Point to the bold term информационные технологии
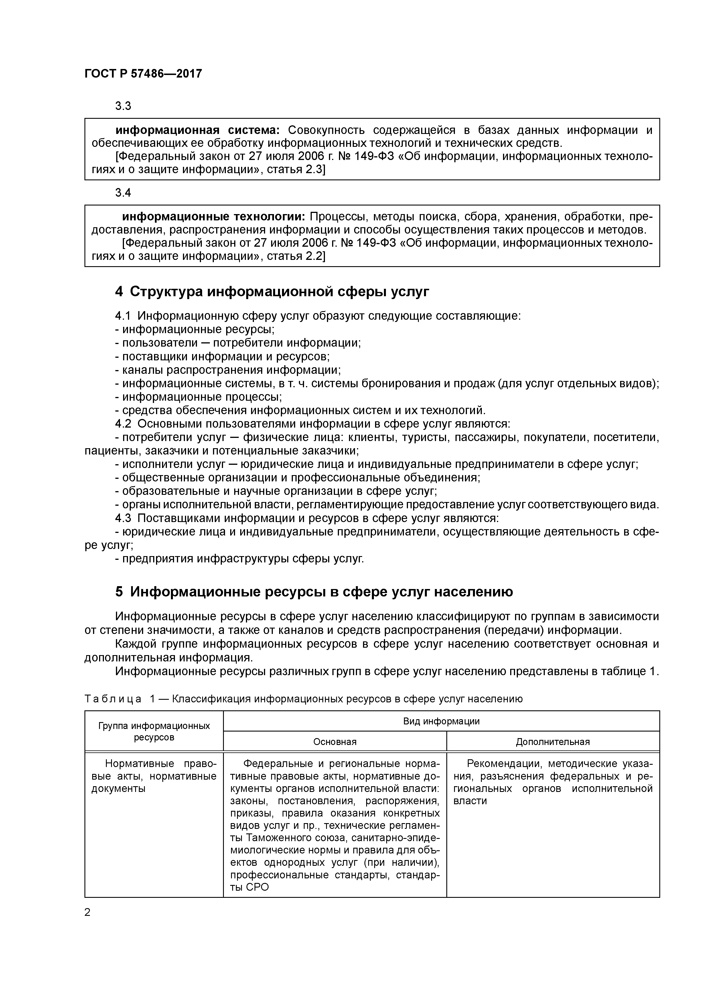click(214, 217)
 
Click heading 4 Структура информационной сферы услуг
click(272, 291)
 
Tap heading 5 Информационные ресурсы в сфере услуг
click(314, 592)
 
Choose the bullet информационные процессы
click(199, 397)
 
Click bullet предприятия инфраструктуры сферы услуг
click(240, 559)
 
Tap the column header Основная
click(335, 742)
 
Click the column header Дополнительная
click(553, 742)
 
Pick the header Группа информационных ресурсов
click(154, 732)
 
